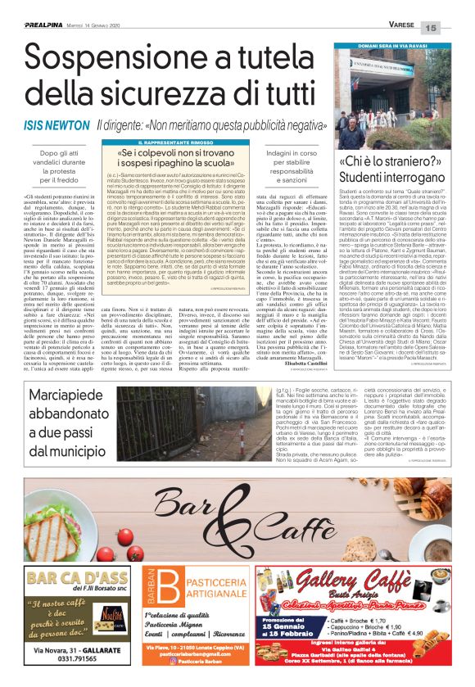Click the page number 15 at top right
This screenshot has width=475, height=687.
(x=455, y=29)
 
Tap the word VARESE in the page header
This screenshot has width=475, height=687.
(x=400, y=25)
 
